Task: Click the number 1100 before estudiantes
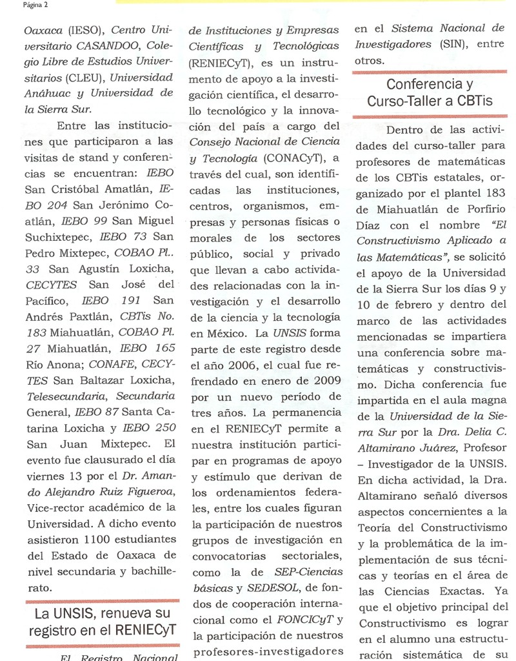tap(72, 539)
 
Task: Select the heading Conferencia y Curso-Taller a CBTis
tap(430, 93)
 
